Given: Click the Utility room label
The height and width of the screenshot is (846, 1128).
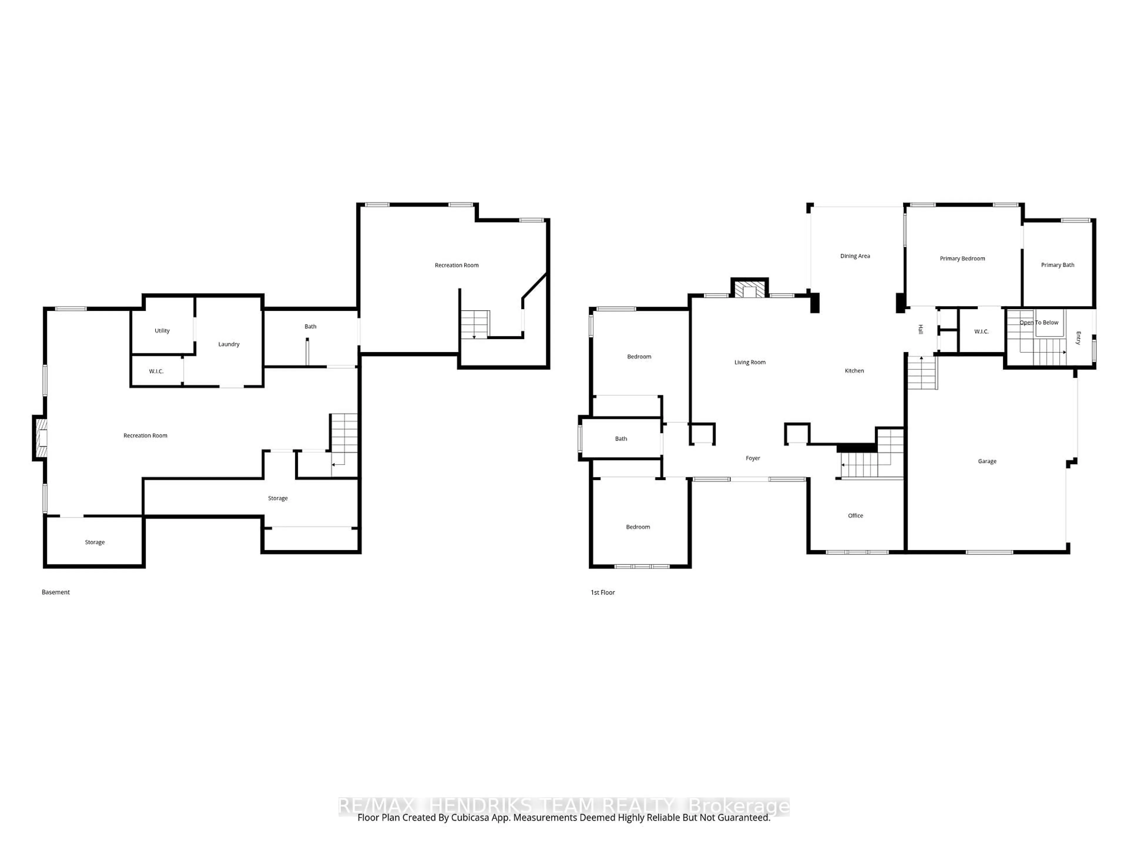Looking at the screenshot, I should (x=162, y=330).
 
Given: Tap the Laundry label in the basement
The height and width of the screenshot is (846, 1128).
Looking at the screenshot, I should (x=229, y=344).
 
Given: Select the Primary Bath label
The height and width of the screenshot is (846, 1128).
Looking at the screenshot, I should (x=1057, y=265).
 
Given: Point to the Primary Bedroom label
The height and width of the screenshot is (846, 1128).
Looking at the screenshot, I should (x=962, y=258).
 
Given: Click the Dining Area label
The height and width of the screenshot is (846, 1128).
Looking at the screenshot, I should (x=855, y=256).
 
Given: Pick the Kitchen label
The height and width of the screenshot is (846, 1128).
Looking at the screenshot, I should (x=854, y=371).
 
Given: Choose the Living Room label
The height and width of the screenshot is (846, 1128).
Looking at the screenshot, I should (x=750, y=362).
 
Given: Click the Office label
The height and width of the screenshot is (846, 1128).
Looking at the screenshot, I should (x=855, y=516).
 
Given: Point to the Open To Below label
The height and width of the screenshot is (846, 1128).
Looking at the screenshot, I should (x=1039, y=322).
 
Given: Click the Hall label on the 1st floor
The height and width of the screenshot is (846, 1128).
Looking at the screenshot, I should (x=920, y=329).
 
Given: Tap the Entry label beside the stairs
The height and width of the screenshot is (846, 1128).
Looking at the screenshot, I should (x=1078, y=338).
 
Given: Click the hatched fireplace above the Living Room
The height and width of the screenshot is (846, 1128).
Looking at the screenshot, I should (x=749, y=289).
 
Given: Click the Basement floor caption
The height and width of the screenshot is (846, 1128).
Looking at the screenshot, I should (x=56, y=592).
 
